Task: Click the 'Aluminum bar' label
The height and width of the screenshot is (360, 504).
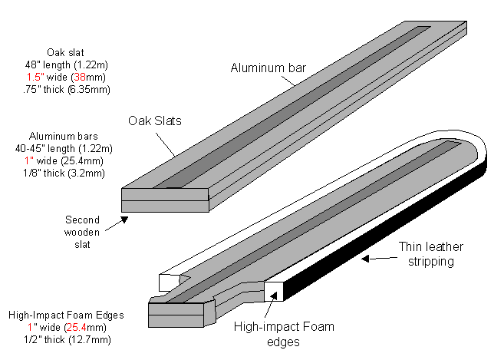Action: pyautogui.click(x=268, y=68)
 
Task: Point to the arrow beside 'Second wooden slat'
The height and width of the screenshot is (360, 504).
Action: pyautogui.click(x=117, y=223)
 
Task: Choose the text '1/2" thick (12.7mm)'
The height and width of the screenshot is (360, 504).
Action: pyautogui.click(x=64, y=339)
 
